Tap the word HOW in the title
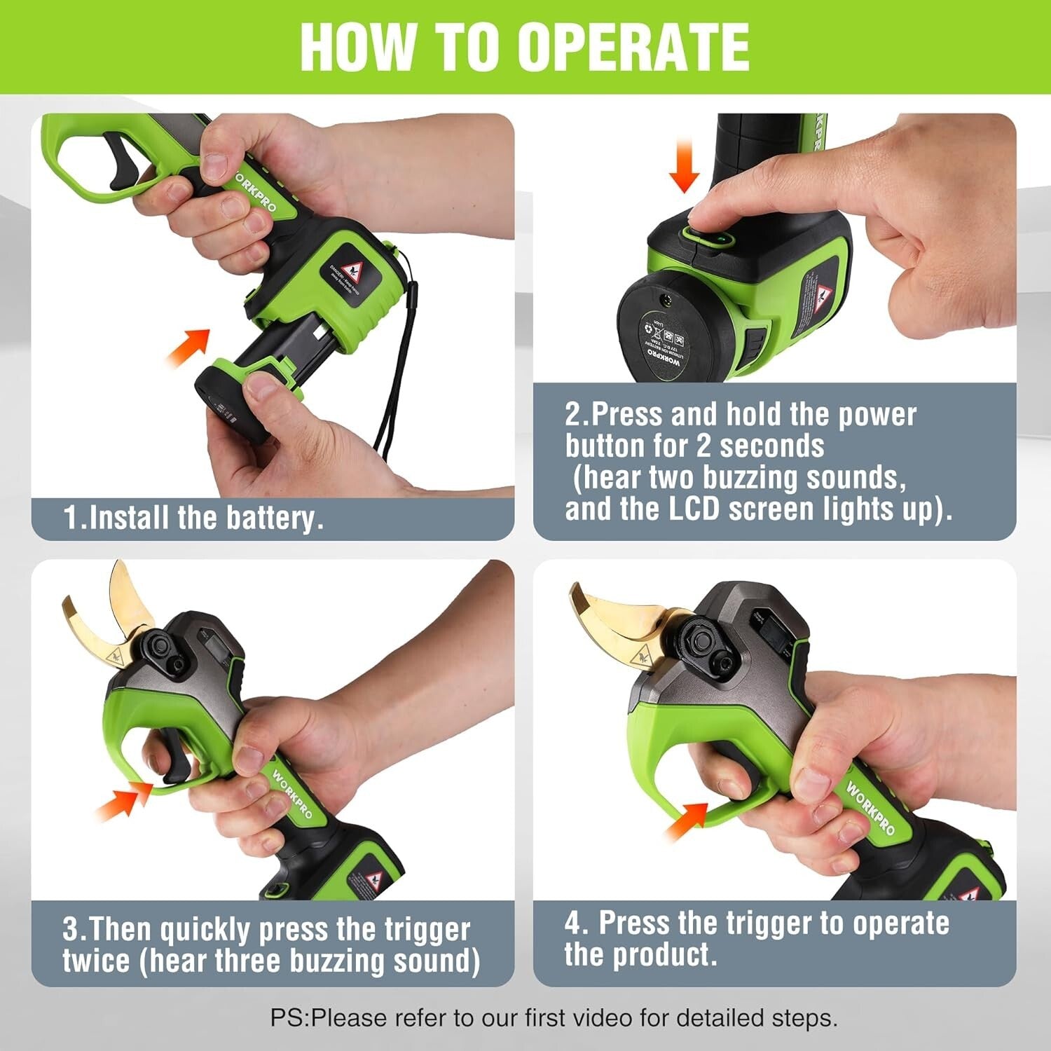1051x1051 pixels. [x=357, y=47]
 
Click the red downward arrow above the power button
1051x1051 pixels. [x=684, y=165]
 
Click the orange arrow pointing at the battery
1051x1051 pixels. [x=189, y=345]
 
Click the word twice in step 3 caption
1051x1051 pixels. [x=96, y=961]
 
